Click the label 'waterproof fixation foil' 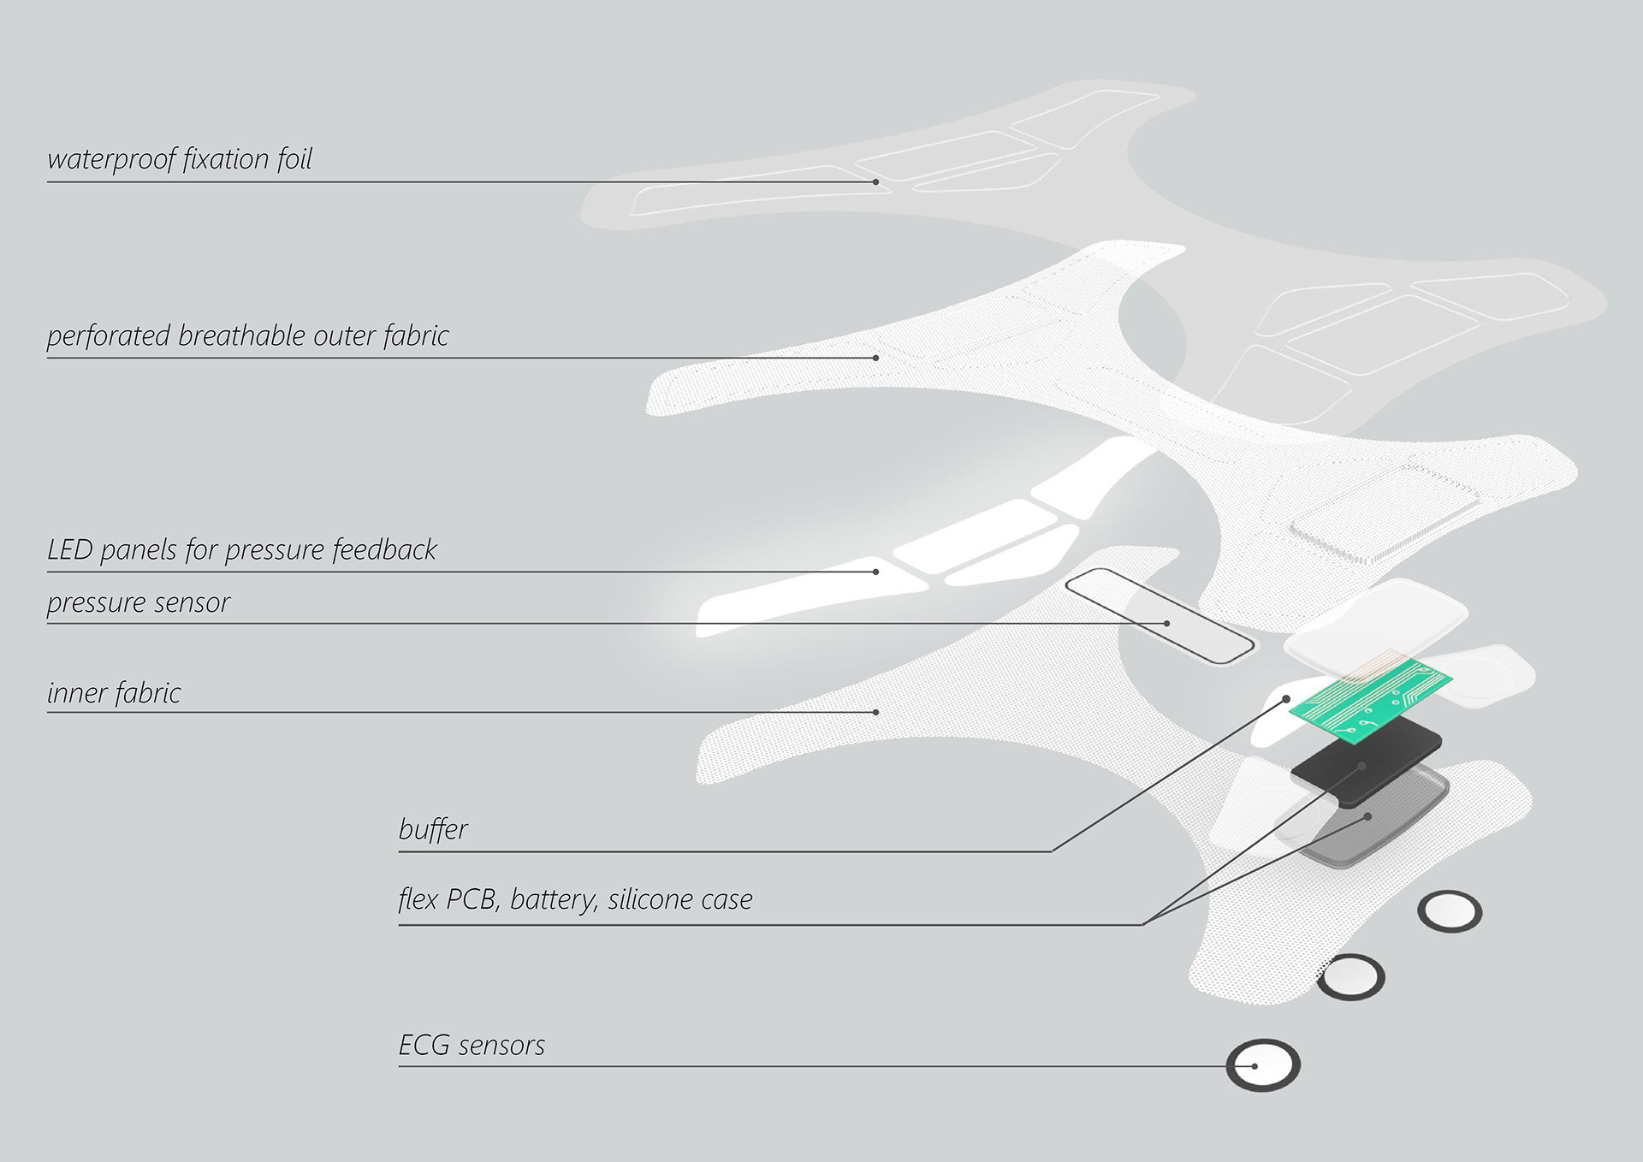[x=180, y=159]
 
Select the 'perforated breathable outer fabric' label [x=247, y=336]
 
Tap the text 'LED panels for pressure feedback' [x=241, y=550]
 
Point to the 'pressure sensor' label [x=139, y=603]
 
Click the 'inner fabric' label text [x=114, y=693]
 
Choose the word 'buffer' [x=433, y=829]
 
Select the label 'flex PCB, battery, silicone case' [x=575, y=899]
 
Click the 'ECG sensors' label [x=472, y=1046]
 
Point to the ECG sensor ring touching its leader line [x=1263, y=1065]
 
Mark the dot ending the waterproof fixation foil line [x=875, y=182]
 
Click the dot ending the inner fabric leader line [x=875, y=712]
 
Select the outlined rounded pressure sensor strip [x=1159, y=615]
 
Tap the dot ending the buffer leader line [x=1286, y=699]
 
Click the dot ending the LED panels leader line [x=875, y=572]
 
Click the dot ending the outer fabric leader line [x=875, y=358]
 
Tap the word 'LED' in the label [x=69, y=550]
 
